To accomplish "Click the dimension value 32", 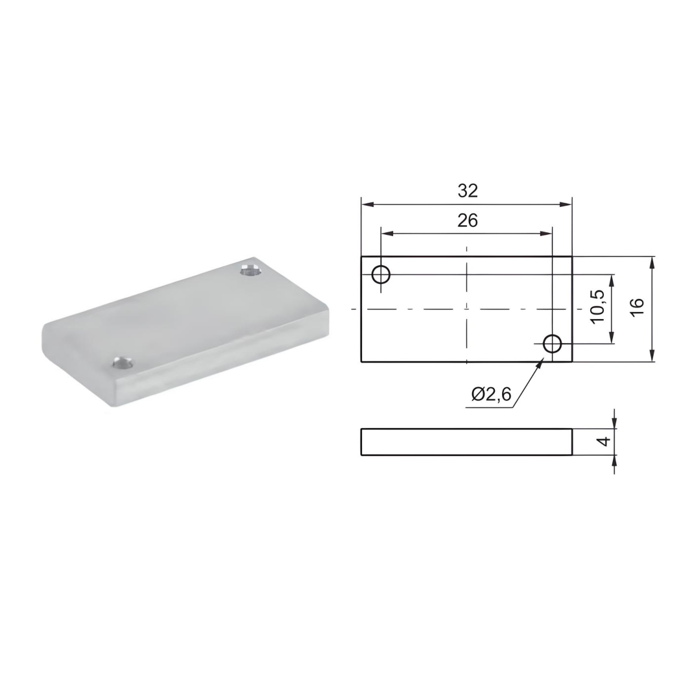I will [x=467, y=191].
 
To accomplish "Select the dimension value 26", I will [x=467, y=221].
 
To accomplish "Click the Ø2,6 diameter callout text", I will [x=492, y=394].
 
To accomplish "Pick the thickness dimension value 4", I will [x=603, y=442].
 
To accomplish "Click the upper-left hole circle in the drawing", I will [x=381, y=274].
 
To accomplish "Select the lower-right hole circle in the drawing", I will [x=553, y=343].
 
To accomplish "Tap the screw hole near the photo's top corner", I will [x=249, y=269].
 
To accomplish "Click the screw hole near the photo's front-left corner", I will [x=121, y=362].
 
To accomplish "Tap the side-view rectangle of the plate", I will [x=466, y=442].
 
